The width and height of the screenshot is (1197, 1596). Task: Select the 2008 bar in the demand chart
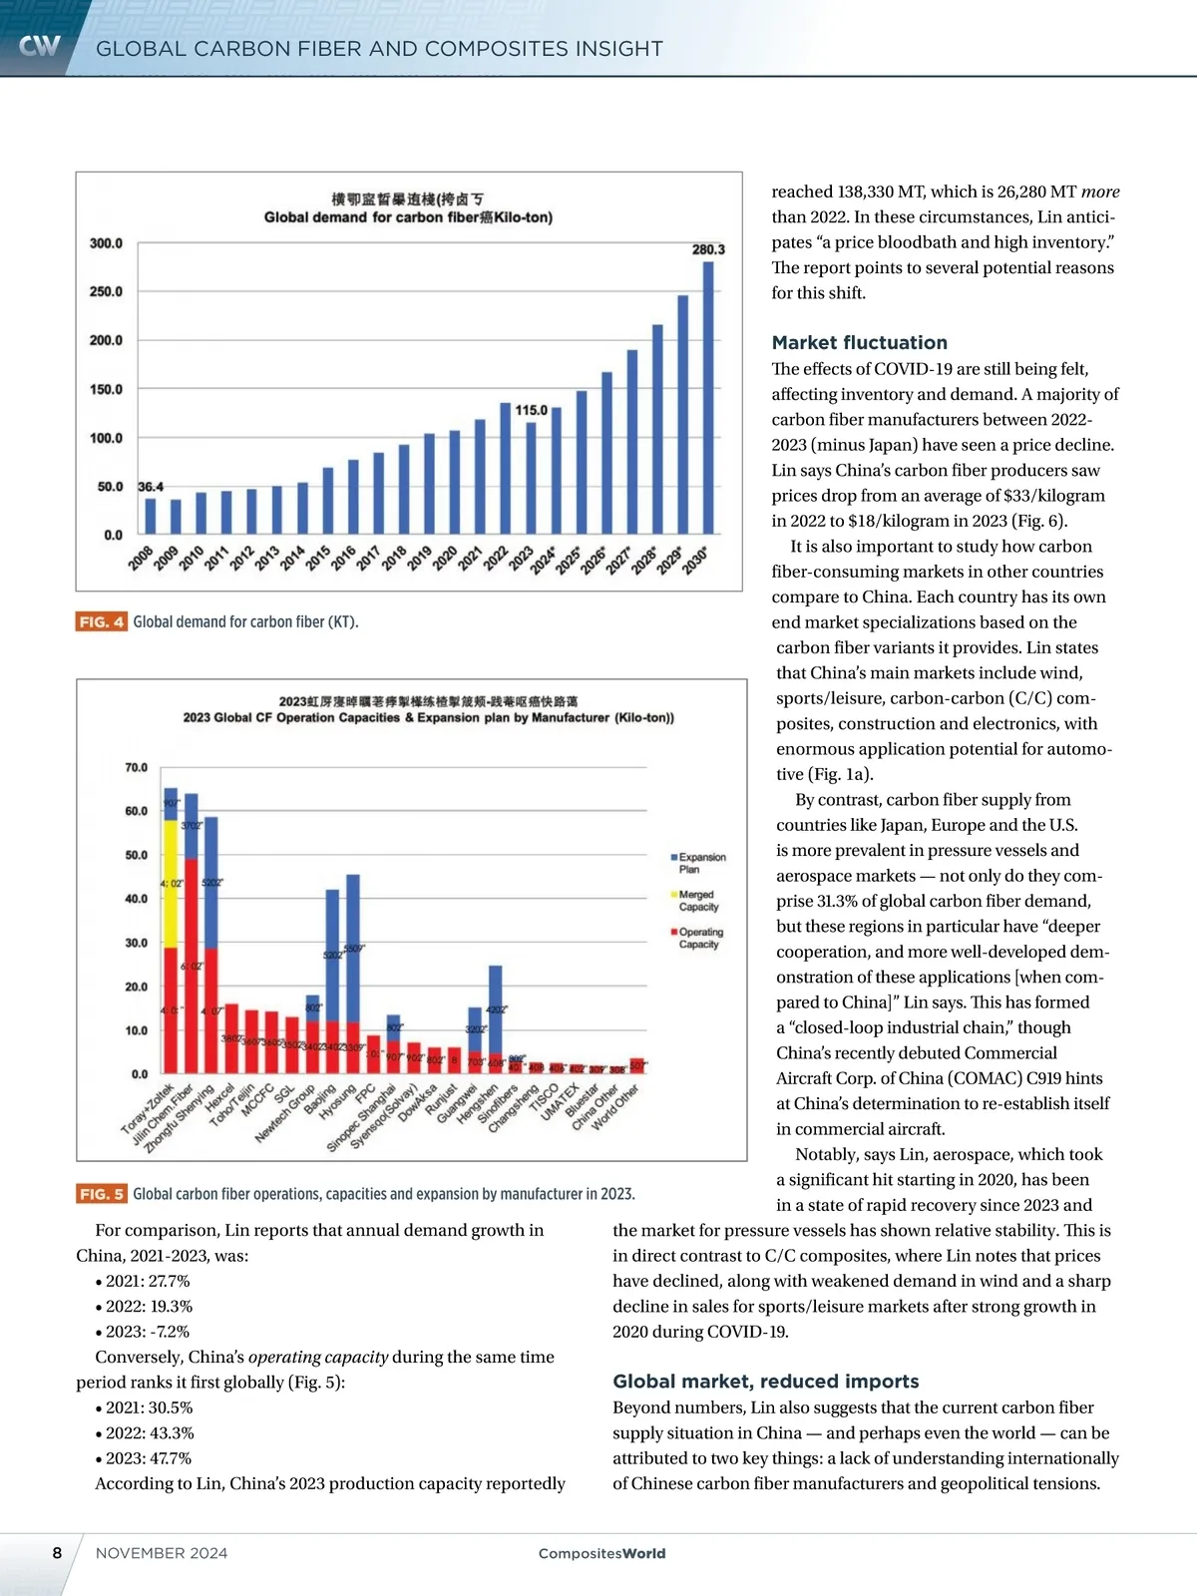(x=151, y=516)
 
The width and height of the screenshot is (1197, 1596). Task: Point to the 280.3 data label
(x=708, y=249)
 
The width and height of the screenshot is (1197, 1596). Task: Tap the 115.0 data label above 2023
(x=532, y=410)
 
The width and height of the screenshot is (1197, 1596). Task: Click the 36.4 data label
(x=151, y=487)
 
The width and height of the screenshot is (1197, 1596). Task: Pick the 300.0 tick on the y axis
(x=106, y=243)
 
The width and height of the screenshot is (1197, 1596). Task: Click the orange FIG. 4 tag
(x=102, y=622)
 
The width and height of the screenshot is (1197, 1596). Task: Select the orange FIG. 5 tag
(x=102, y=1194)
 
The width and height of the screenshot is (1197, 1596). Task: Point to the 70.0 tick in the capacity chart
(x=136, y=768)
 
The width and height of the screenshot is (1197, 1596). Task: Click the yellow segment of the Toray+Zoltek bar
(x=171, y=883)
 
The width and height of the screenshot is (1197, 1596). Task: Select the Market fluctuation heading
(x=859, y=342)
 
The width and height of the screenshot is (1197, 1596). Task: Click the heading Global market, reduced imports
(x=765, y=1382)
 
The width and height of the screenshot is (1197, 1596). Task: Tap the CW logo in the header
(x=40, y=46)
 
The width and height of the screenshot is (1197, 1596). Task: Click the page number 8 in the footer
(x=57, y=1553)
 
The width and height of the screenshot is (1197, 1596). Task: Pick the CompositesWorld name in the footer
(x=601, y=1553)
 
